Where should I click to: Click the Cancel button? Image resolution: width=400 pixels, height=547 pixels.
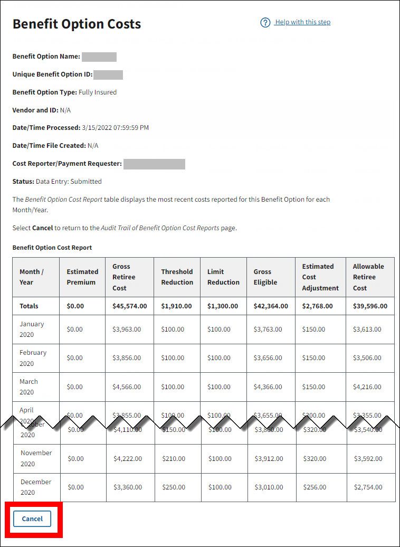(x=32, y=518)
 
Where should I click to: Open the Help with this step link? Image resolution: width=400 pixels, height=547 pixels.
(x=302, y=22)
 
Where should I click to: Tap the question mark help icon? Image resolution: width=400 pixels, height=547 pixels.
(x=265, y=23)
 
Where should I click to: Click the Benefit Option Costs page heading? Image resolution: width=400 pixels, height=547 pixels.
(x=77, y=24)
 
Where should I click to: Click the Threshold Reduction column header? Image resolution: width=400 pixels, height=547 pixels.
(x=177, y=277)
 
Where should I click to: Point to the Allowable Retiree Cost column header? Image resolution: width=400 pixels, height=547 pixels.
(x=368, y=277)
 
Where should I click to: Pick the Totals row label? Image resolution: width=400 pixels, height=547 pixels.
(x=29, y=306)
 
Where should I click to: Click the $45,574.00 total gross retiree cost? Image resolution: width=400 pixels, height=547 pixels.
(x=130, y=306)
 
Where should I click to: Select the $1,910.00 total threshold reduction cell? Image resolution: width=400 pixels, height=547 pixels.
(x=177, y=306)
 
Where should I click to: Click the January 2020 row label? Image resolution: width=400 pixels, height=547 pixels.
(x=32, y=329)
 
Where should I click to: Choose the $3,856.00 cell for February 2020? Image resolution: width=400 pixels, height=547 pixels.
(x=127, y=357)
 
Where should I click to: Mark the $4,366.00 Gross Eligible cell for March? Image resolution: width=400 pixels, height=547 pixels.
(x=268, y=386)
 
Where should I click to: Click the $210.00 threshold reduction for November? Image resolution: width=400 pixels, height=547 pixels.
(x=173, y=458)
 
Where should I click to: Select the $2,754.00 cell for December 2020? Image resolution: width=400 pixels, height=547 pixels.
(x=368, y=487)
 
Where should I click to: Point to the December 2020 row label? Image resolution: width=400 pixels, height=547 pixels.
(x=35, y=487)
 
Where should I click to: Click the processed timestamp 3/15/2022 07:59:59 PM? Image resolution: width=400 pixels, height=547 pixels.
(x=115, y=127)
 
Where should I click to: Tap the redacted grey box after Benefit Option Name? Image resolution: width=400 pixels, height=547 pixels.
(x=99, y=57)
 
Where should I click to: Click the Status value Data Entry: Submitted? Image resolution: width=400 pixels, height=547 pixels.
(x=69, y=181)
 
